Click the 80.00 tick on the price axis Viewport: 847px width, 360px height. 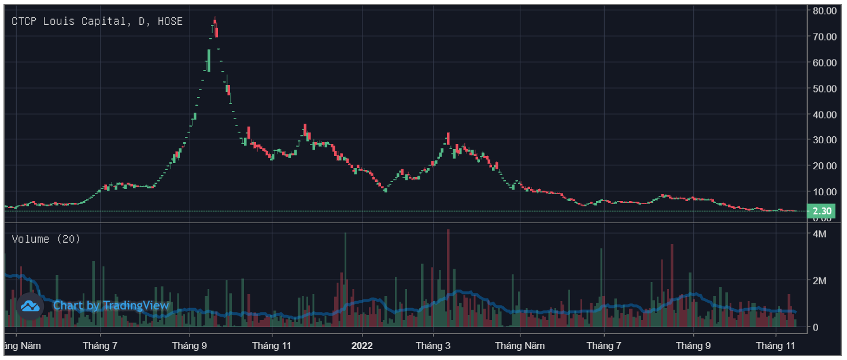coord(824,10)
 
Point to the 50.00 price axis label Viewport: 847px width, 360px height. coord(824,88)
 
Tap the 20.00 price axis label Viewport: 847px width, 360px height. coord(824,166)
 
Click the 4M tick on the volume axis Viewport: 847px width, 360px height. coord(819,234)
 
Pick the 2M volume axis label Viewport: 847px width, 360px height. coord(819,281)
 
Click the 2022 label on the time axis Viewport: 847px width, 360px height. coord(362,346)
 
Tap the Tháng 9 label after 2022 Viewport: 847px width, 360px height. coord(694,346)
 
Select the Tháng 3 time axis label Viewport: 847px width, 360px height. coord(433,346)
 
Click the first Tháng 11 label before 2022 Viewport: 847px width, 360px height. coord(272,346)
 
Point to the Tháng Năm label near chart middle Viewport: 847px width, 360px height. coord(520,346)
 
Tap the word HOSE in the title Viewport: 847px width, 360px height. coord(170,21)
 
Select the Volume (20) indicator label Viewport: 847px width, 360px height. coord(46,239)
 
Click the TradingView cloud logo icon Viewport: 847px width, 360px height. coord(29,306)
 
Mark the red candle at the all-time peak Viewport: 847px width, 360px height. coord(215,29)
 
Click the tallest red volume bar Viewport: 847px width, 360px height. coord(447,277)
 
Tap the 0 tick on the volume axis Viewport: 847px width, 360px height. coord(816,327)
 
